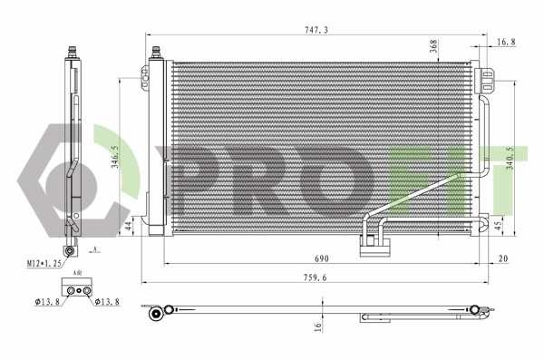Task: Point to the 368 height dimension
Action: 433,48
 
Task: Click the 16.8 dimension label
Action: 507,42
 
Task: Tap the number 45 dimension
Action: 498,227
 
